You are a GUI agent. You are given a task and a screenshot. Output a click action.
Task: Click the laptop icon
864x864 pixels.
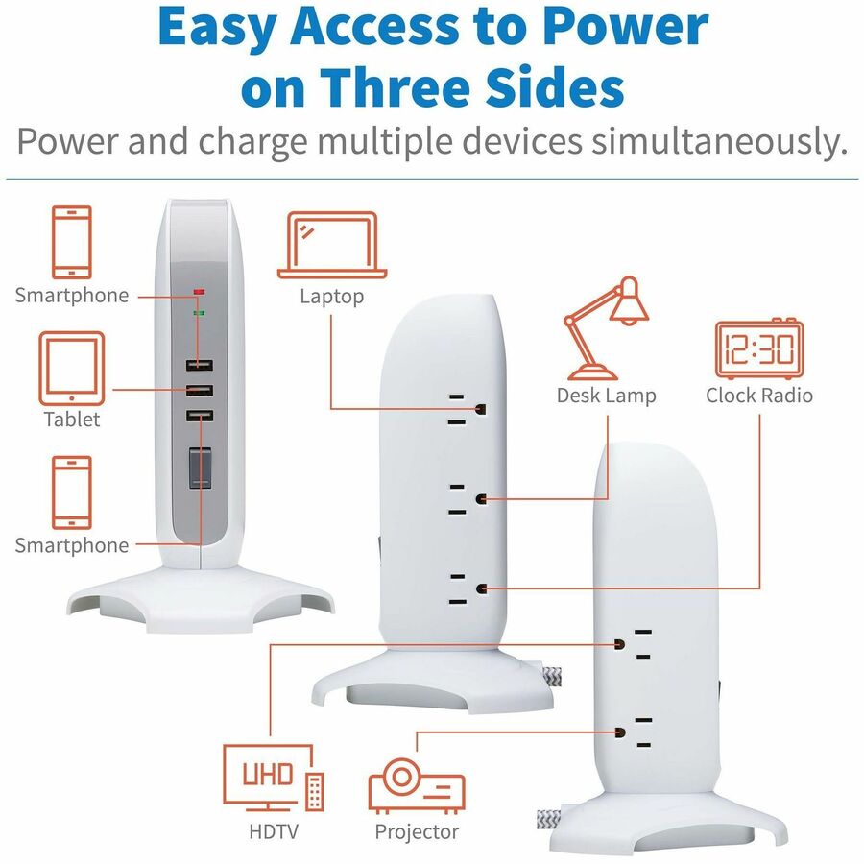332,245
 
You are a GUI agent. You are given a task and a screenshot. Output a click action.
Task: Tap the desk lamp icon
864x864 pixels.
606,328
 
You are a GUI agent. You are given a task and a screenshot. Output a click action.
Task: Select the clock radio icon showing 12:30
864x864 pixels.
758,348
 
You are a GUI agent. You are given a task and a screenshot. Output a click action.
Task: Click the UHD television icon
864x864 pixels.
274,778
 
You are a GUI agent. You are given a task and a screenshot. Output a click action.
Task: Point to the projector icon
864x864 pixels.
417,786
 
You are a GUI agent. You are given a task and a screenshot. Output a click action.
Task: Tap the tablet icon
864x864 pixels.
72,369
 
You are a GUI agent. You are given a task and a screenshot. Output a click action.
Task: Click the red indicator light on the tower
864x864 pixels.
199,292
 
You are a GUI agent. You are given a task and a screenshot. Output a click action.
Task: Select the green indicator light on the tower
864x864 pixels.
199,313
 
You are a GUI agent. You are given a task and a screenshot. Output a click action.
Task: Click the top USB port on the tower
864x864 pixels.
199,365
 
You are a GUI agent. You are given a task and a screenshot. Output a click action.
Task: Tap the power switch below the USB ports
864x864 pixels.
200,468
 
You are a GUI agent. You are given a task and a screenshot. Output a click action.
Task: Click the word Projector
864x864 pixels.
417,831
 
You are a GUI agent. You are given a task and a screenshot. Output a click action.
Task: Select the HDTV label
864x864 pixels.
274,831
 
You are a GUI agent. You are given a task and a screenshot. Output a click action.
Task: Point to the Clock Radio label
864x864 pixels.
759,396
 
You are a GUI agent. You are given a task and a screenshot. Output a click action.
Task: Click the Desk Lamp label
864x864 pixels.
606,396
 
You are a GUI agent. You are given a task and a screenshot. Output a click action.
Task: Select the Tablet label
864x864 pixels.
72,420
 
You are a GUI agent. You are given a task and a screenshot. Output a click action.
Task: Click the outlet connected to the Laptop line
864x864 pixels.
466,409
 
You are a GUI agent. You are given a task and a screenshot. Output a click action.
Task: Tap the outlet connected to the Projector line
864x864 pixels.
634,732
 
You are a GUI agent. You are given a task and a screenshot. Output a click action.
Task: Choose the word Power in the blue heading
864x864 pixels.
625,27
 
